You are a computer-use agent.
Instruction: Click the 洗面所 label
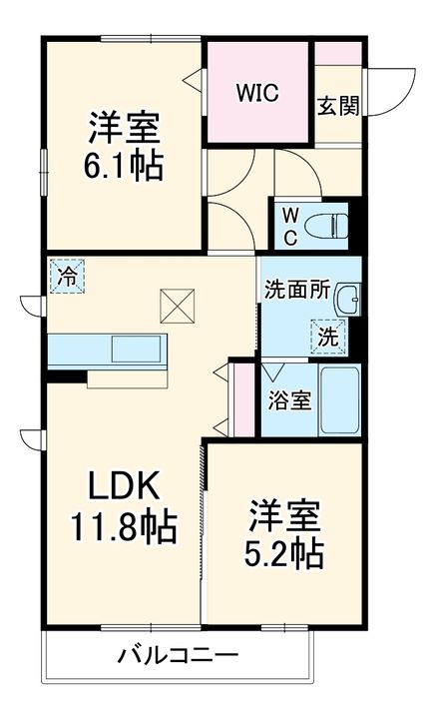[297, 290]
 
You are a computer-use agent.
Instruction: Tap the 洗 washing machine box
[327, 338]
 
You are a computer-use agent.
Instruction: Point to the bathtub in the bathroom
[338, 399]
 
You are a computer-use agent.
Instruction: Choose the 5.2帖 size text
[284, 552]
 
